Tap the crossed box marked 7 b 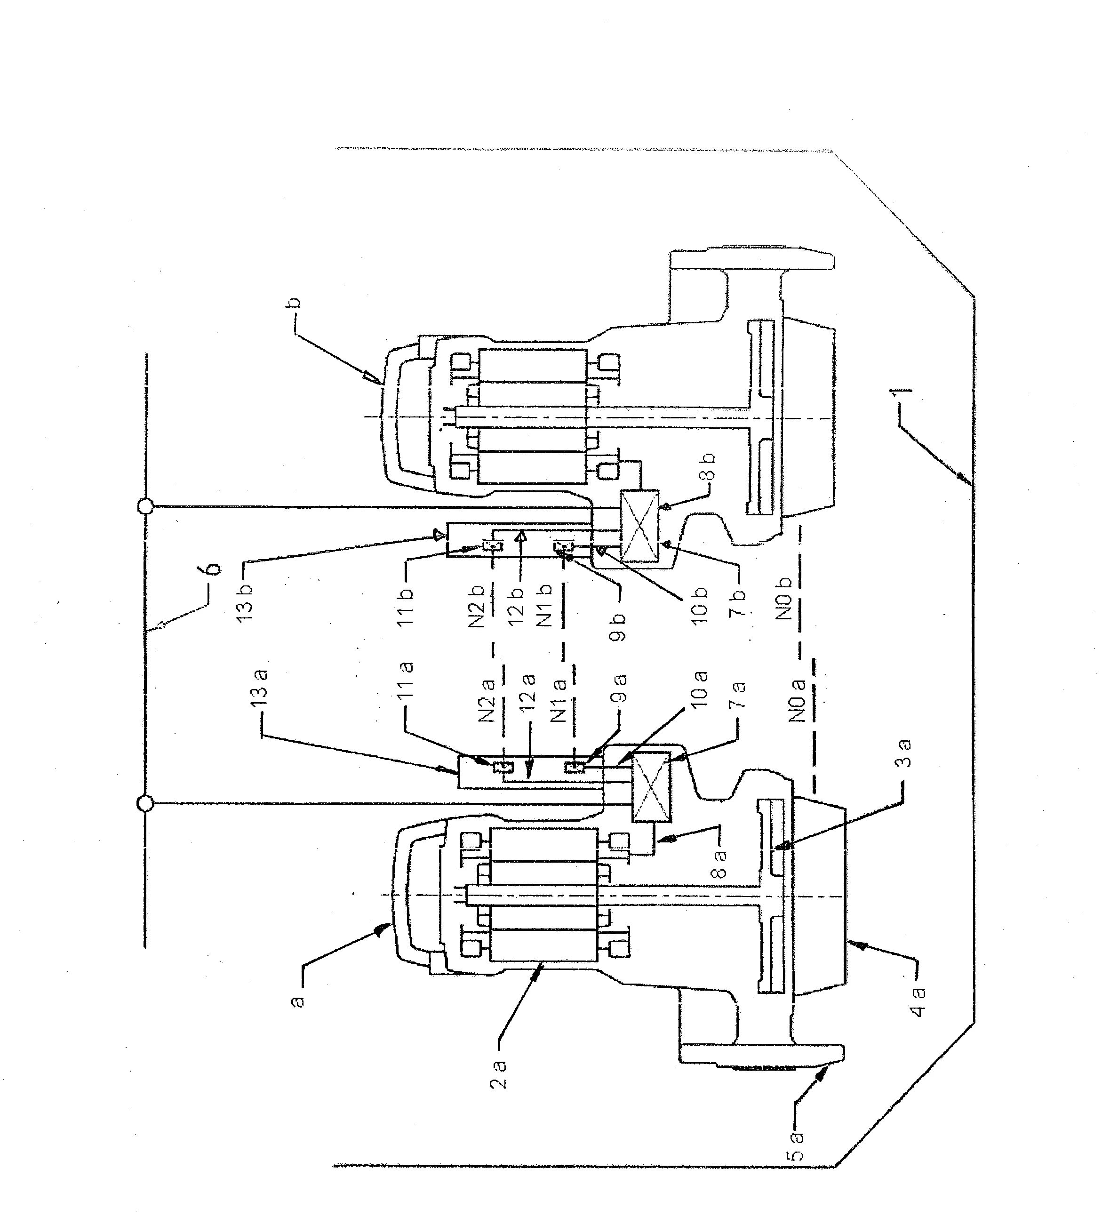639,527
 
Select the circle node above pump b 145,506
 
